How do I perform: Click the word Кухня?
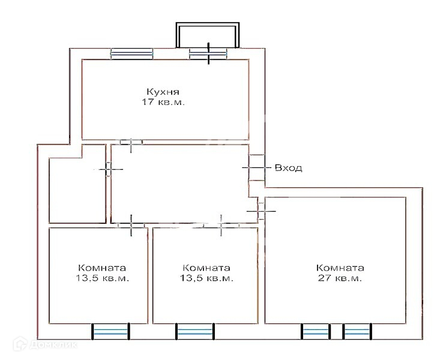tap(163, 92)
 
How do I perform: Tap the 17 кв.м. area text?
tap(163, 102)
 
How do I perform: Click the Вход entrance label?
tap(289, 168)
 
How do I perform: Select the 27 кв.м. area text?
tap(340, 278)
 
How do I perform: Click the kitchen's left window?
tap(132, 54)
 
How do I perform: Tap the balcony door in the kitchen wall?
tap(208, 53)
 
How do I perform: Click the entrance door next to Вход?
tap(256, 168)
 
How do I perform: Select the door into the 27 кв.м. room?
tap(261, 211)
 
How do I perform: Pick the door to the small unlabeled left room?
tap(109, 169)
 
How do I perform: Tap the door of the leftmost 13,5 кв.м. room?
tap(131, 226)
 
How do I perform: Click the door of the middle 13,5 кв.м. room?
tap(221, 226)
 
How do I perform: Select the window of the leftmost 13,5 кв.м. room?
tap(111, 332)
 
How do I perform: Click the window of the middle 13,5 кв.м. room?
tap(195, 332)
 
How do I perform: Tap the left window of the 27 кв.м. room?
tap(316, 332)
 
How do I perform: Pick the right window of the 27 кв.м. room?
tap(357, 332)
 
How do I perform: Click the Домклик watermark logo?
tap(46, 344)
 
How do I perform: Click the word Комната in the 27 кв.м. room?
tap(340, 268)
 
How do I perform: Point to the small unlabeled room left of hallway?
tap(77, 190)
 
